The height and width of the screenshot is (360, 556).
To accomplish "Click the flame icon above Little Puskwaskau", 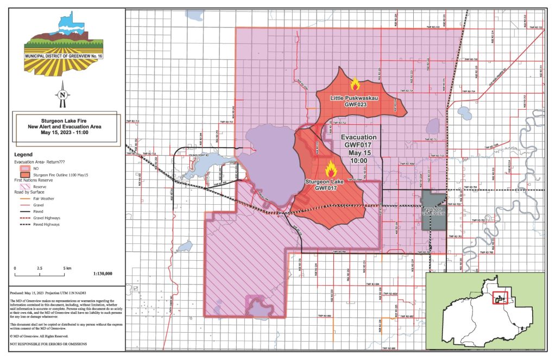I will coord(355,84).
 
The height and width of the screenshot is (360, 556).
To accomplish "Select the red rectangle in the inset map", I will coord(500,297).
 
